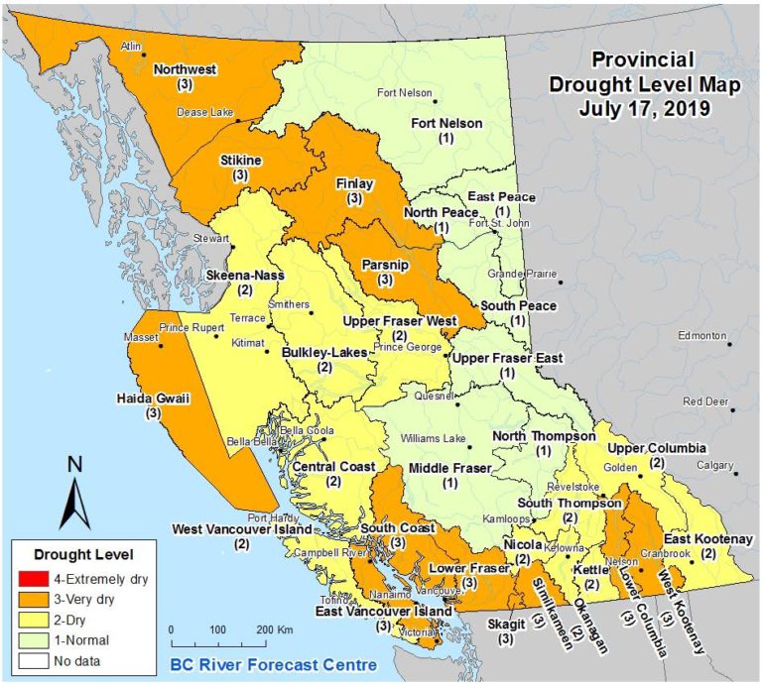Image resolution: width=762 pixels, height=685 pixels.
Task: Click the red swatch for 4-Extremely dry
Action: coord(37,577)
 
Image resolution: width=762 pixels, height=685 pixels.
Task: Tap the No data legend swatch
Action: coord(37,658)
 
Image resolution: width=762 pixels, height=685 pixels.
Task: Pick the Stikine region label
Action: coord(239,159)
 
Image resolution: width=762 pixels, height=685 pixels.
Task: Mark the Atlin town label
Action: coord(130,47)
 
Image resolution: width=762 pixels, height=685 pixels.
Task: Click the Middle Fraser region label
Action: coord(449,468)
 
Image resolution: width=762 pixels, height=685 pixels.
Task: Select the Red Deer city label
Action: coord(702,401)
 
